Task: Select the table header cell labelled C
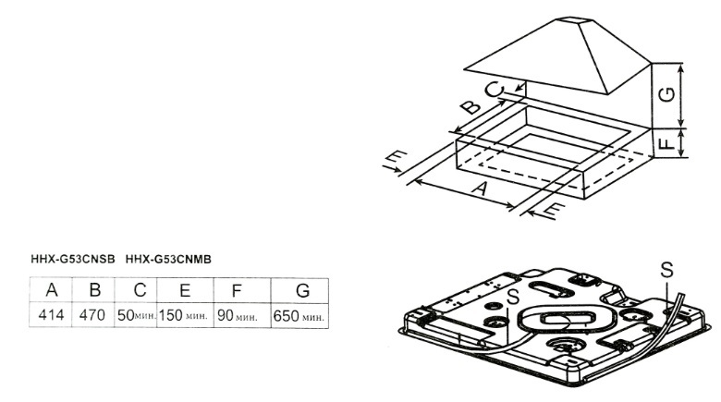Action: pos(140,290)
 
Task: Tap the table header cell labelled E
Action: pos(185,290)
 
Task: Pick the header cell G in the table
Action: pos(301,290)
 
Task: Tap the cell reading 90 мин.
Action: pos(238,316)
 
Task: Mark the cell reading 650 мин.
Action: pos(300,316)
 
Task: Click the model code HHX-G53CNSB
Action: pos(73,260)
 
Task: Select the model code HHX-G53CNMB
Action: pos(169,260)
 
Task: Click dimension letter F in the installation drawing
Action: pos(672,143)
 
